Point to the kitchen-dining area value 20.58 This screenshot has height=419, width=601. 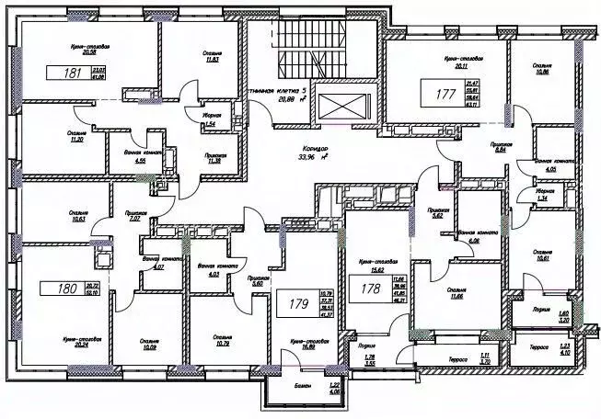click(90, 53)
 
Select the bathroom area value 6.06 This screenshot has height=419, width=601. click(475, 238)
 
